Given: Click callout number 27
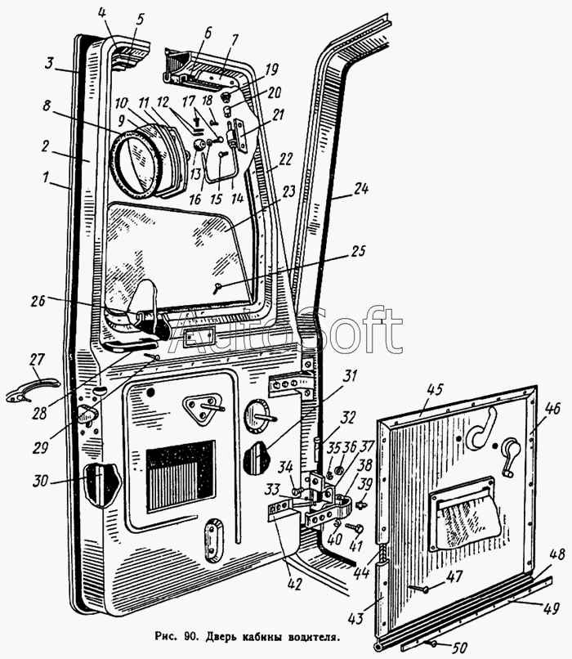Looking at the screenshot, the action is (37, 361).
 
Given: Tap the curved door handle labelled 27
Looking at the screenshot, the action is (33, 388).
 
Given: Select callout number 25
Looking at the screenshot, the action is (356, 251).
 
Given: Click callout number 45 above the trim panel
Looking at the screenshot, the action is (435, 390).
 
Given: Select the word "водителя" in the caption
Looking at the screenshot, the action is (313, 637).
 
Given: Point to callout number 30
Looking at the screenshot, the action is (42, 481).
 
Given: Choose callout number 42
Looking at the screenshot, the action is (296, 585).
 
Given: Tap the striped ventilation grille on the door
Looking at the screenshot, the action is (181, 476).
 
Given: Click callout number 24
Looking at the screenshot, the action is (360, 189).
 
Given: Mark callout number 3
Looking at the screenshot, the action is (50, 65).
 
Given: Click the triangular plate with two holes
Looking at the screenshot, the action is (202, 408).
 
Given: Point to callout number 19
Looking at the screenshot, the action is (271, 69).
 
